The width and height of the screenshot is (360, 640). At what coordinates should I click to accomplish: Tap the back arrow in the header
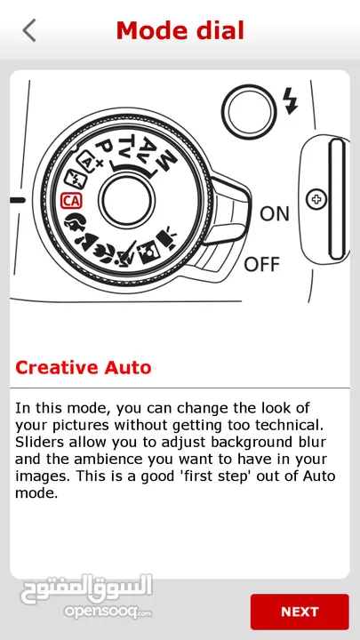point(29,30)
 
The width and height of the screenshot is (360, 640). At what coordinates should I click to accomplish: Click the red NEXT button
point(300,612)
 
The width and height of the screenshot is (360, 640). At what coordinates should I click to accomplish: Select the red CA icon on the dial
point(71,200)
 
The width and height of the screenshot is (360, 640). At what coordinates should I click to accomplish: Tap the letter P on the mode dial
point(105,149)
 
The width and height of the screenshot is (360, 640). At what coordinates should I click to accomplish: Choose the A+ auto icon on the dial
point(88,161)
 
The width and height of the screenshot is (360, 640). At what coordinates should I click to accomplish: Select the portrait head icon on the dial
point(76,222)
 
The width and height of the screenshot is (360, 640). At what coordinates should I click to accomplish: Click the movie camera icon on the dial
point(166,238)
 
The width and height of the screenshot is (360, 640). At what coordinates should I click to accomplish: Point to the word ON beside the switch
point(275,213)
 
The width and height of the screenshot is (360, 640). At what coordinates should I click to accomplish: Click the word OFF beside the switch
point(261,264)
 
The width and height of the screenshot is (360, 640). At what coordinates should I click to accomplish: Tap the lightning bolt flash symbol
point(291,100)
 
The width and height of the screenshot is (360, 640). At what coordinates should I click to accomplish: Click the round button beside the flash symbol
point(249,110)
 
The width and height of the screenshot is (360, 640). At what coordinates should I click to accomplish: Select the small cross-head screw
point(316,200)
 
